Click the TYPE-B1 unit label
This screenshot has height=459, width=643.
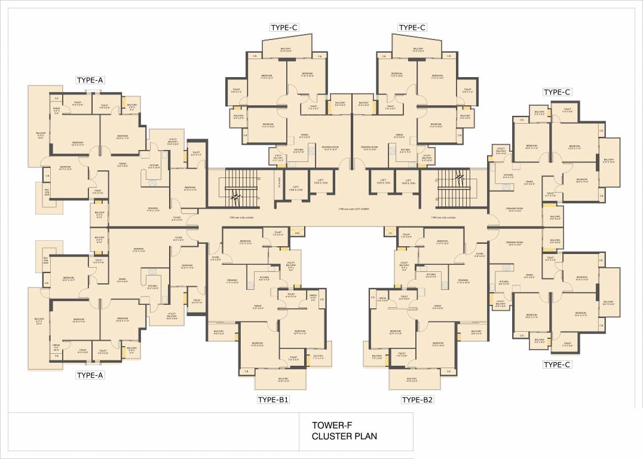tap(274, 400)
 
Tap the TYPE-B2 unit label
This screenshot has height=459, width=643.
tap(417, 400)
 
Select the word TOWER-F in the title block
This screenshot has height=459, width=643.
tap(328, 426)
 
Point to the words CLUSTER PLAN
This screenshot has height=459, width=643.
tap(344, 436)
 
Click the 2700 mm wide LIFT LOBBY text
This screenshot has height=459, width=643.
tap(354, 209)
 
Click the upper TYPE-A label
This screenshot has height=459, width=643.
tap(90, 80)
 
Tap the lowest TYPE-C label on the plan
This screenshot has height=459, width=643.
tap(557, 364)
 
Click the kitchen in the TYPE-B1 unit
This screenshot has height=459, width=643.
tap(264, 279)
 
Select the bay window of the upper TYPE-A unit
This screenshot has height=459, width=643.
tap(46, 194)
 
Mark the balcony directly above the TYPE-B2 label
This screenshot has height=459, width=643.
tap(412, 380)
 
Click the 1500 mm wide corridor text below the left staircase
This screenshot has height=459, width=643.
tap(231, 218)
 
